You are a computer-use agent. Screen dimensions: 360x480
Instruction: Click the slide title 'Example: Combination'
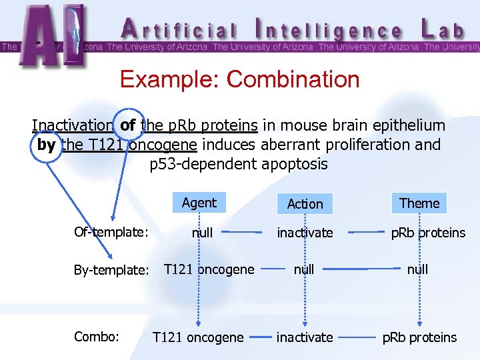(x=239, y=79)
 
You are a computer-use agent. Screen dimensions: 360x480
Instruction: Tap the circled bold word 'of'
(x=128, y=125)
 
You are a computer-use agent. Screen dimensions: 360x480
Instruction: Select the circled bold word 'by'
(x=47, y=145)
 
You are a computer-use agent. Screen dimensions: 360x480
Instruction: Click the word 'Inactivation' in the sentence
(x=73, y=125)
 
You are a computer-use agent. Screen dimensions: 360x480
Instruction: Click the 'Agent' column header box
(x=199, y=203)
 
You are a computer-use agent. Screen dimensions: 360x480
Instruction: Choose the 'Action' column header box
(x=305, y=204)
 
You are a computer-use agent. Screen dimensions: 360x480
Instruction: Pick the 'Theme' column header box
(x=419, y=203)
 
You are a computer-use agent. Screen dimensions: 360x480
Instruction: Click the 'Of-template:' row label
(x=111, y=232)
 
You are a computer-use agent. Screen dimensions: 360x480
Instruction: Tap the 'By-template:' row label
(x=111, y=270)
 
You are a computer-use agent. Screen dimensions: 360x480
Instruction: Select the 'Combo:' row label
(x=97, y=337)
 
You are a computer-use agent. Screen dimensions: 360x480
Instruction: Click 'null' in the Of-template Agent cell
(x=202, y=233)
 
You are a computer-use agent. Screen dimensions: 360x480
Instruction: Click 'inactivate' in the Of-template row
(x=305, y=233)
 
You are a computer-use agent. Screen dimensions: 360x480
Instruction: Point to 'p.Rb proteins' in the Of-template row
(x=428, y=233)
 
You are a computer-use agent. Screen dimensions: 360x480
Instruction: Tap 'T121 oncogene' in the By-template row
(x=209, y=269)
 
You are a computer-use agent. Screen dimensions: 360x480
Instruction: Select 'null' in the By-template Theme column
(x=417, y=269)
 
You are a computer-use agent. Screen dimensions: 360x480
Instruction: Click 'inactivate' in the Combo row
(x=305, y=337)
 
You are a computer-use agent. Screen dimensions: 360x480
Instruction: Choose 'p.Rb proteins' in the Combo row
(x=419, y=337)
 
